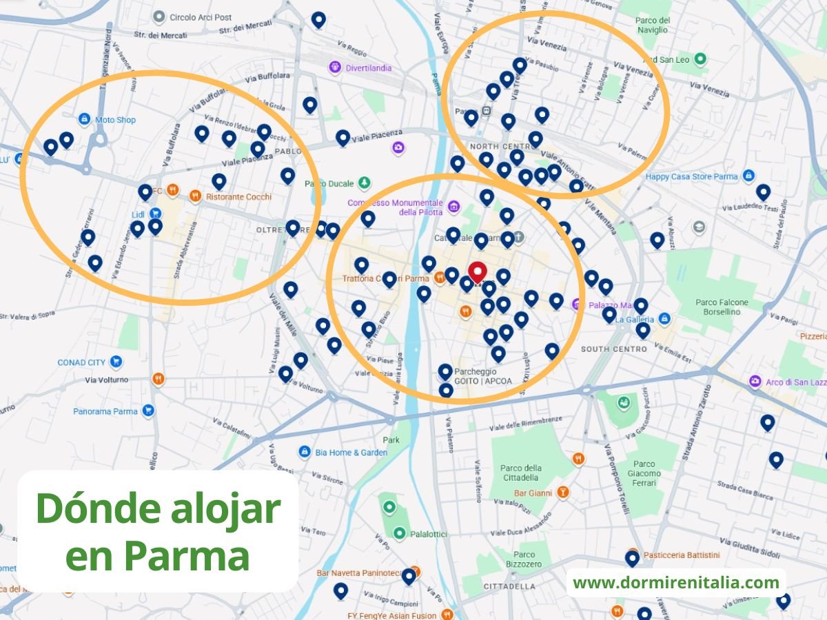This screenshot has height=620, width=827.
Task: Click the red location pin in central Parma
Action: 477,271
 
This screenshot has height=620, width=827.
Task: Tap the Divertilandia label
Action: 368,68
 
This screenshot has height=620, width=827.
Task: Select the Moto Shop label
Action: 115,120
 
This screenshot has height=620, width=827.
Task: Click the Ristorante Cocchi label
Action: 238,196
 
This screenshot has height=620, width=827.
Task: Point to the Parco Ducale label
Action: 329,184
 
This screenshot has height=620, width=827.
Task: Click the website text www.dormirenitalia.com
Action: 675,583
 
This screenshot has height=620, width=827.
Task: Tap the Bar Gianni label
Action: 533,493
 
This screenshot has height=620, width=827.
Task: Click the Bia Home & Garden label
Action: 351,453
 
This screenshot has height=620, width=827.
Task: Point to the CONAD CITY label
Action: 81,362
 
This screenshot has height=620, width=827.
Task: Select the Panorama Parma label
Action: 105,411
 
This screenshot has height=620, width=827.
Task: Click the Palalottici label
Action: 429,534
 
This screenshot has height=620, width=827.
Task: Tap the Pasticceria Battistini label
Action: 681,555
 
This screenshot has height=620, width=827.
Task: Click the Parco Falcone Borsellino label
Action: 722,307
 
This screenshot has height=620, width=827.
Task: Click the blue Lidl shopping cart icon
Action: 156,214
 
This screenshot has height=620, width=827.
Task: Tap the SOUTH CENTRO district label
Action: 613,349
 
